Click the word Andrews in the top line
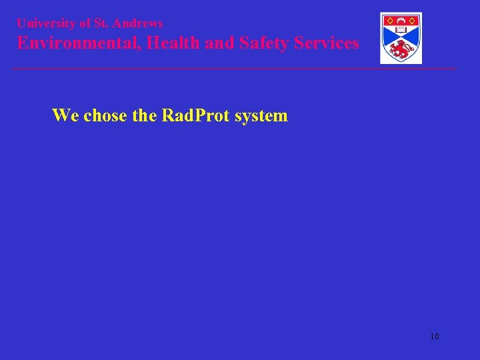coord(137,23)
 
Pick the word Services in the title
coord(327,43)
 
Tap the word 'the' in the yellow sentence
coord(144,115)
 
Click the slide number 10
coord(435,337)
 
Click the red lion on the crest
coord(401,49)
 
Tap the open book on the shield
coord(401,29)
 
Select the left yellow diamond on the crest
coord(389,20)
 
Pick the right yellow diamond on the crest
coord(413,20)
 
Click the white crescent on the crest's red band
coord(401,20)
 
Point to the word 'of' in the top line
coord(85,23)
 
